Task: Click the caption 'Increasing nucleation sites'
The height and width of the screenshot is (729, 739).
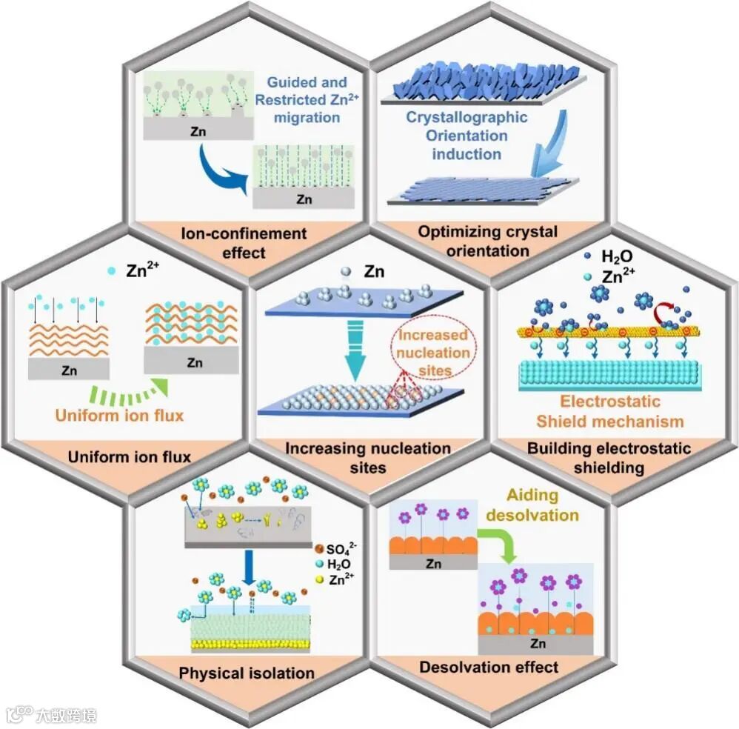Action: (x=368, y=458)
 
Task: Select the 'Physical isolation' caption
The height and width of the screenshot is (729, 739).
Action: (x=247, y=673)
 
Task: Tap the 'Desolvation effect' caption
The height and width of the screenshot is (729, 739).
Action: (x=489, y=668)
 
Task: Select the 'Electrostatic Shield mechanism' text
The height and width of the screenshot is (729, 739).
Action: (x=609, y=412)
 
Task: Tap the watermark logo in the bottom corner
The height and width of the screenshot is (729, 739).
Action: (x=52, y=715)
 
